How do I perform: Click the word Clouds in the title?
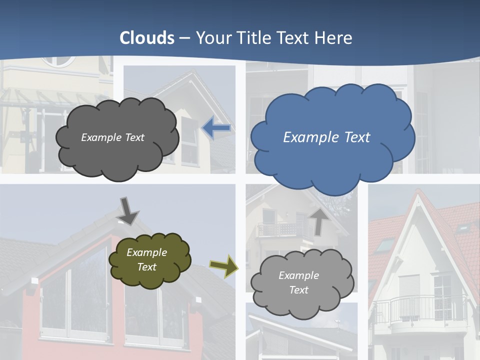[x=147, y=38]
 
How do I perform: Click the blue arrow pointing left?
[x=216, y=128]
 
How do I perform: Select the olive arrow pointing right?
[x=223, y=266]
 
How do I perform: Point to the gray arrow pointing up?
[x=318, y=221]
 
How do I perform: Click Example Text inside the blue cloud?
[x=326, y=137]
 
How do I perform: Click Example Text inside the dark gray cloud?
[x=112, y=137]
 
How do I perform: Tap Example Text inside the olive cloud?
[x=146, y=259]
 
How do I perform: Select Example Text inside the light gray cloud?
[x=298, y=282]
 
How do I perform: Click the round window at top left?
[x=57, y=61]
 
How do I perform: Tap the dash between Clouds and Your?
[x=184, y=38]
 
